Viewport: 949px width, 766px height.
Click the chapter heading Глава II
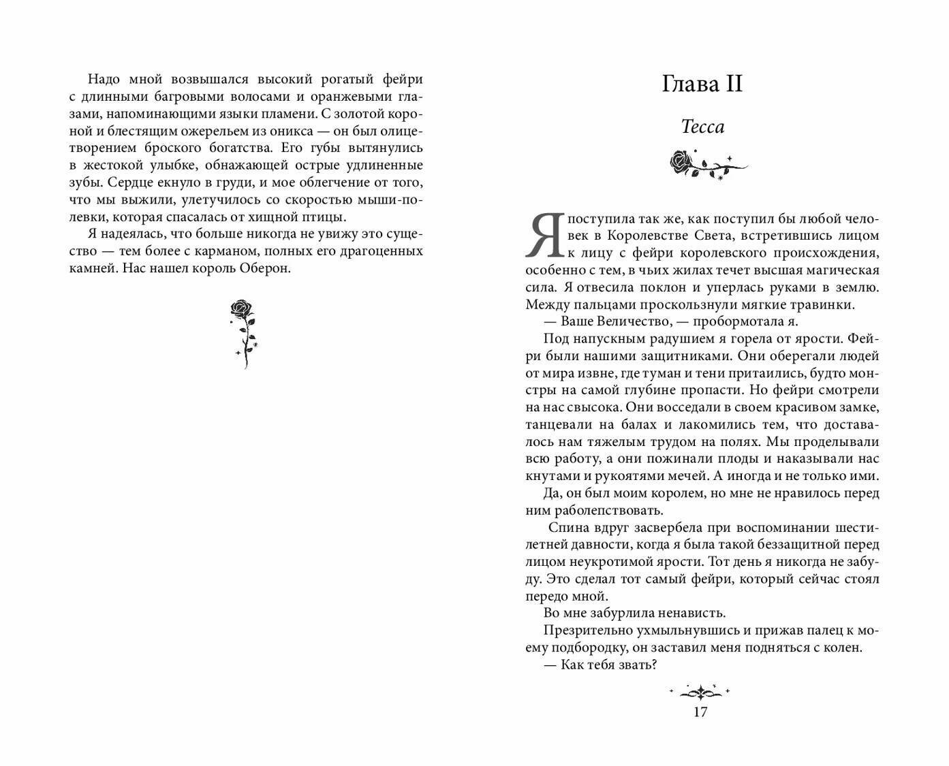(x=702, y=84)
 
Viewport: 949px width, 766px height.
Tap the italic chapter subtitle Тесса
(x=702, y=127)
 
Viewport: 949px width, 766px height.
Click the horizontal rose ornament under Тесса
(x=706, y=164)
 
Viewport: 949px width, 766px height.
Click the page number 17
(x=700, y=712)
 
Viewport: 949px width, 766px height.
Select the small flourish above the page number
(x=700, y=692)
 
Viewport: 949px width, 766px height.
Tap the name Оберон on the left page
(x=265, y=268)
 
